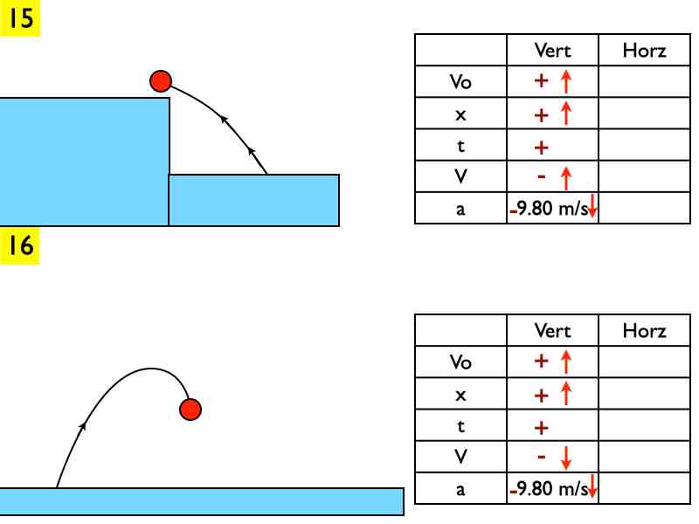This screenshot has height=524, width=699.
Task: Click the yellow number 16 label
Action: coord(21,245)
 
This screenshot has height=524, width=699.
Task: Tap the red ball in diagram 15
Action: coord(160,81)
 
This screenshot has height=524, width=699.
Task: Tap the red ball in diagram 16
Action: coord(190,408)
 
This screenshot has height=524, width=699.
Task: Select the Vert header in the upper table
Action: coord(552,51)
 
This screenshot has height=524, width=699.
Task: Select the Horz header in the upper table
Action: coord(644,51)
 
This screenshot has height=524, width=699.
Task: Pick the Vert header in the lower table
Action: coord(552,331)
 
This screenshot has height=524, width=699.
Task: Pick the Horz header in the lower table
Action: coord(644,331)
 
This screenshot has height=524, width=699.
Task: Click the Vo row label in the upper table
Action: coord(460,83)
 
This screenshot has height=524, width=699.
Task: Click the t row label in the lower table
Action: coord(460,427)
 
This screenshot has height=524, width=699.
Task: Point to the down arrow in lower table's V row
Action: coord(565,457)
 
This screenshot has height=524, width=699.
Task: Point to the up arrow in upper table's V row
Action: coord(565,178)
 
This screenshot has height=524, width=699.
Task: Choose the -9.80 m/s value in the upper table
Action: coord(549,209)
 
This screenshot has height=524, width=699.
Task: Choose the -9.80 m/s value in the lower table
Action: coord(549,489)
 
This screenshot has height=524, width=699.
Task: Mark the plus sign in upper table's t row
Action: coord(541,147)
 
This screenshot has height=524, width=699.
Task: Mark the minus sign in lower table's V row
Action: coord(541,457)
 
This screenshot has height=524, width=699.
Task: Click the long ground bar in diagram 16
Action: coord(201,501)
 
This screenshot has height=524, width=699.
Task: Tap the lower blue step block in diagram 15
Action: coord(253,200)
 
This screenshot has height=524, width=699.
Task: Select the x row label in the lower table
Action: coord(460,396)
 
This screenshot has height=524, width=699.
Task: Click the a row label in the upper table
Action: coord(460,210)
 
